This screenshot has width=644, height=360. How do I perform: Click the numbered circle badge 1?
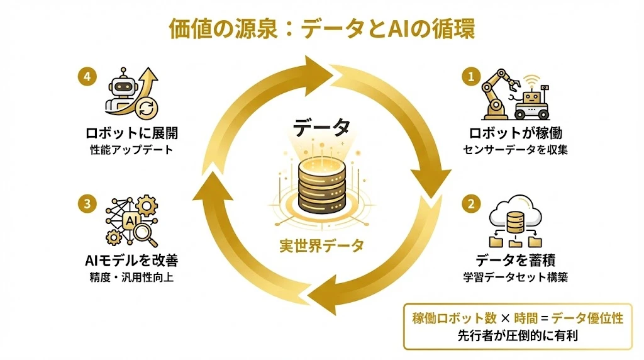469,77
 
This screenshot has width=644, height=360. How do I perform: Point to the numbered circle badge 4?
87,77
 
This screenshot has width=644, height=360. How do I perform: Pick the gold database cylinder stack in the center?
321,186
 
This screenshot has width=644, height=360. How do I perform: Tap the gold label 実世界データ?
321,246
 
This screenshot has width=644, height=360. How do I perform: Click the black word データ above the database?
321,127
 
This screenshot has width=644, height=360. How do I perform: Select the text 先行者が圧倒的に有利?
517,335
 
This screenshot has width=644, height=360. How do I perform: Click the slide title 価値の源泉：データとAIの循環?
321,30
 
